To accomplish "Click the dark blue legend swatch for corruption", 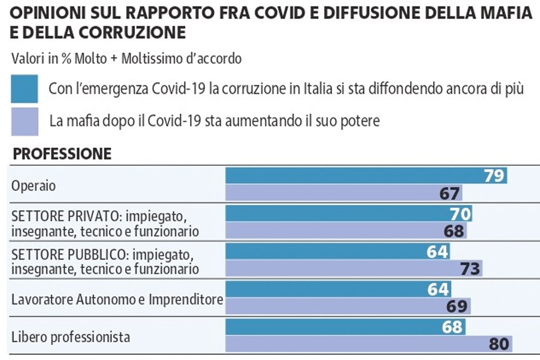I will click(x=24, y=89).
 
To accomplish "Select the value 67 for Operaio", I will click(x=450, y=194).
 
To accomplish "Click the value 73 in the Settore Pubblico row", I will click(x=470, y=269).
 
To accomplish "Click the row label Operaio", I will click(x=34, y=186).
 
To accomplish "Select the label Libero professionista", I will click(x=71, y=336).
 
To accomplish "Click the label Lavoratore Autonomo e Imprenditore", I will click(x=117, y=299).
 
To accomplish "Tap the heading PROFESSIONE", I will click(x=62, y=154).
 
